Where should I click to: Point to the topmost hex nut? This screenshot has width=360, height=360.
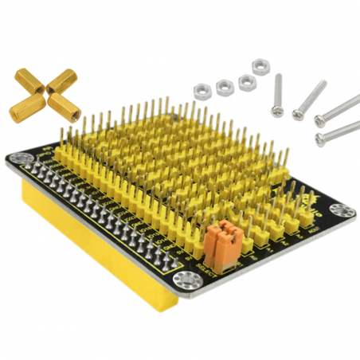[x=259, y=66]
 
